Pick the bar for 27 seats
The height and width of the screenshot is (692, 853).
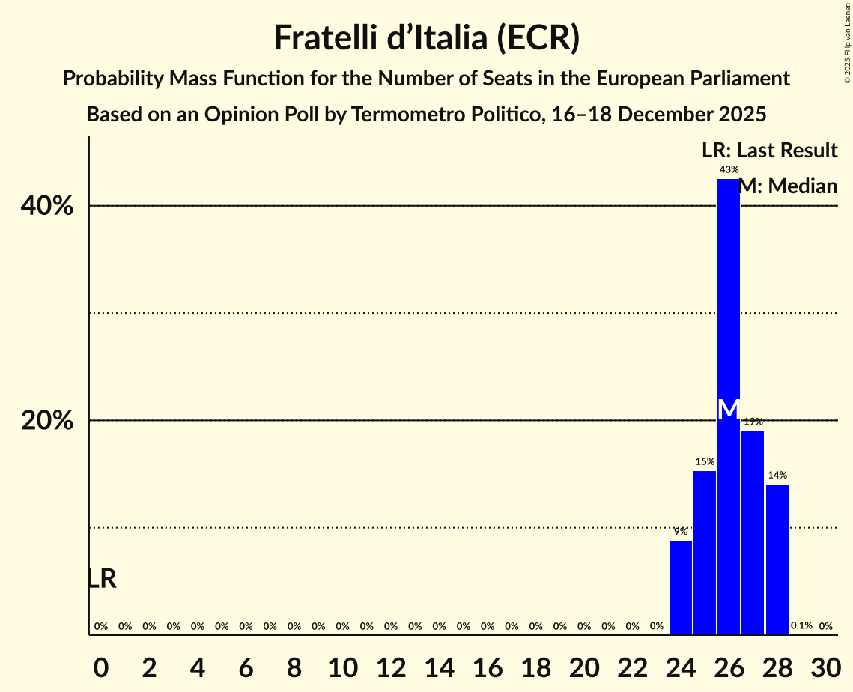pos(753,532)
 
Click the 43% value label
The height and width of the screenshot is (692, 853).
pos(729,170)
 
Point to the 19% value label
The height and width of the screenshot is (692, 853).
pos(753,422)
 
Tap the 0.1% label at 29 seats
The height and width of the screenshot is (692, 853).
pos(801,626)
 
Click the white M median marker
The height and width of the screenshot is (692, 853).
pos(728,410)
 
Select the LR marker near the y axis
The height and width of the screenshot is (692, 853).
pos(101,579)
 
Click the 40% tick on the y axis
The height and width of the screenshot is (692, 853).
pos(47,206)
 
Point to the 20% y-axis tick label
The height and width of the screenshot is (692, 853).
pos(47,421)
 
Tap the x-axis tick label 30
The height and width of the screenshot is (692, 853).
pos(825,666)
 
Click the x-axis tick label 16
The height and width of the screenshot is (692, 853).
pos(487,666)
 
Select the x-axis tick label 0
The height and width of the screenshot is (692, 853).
pos(100,666)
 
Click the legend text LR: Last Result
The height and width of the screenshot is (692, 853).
pos(769,151)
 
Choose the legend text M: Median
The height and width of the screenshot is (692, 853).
pos(788,186)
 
